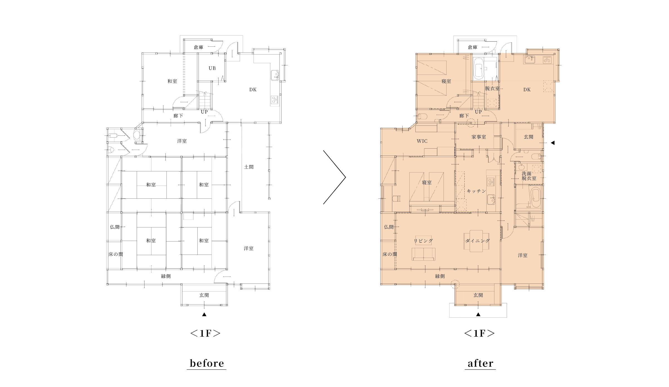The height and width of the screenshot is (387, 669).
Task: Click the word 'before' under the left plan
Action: [207, 363]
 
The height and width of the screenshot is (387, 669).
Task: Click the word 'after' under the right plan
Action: [480, 363]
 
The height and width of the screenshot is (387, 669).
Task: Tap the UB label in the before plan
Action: [212, 68]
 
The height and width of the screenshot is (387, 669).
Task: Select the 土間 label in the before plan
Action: [249, 167]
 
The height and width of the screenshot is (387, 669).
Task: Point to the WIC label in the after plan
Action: [422, 141]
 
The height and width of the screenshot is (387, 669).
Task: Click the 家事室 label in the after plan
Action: [479, 137]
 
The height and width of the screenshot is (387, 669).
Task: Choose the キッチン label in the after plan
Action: [476, 191]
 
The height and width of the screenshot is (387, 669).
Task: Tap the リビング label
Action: [423, 241]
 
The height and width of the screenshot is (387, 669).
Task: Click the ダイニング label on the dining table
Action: [478, 241]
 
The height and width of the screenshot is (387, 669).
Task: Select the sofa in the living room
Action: [423, 254]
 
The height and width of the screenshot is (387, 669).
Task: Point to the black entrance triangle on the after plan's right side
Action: [553, 143]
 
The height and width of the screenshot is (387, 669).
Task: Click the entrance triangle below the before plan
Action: [204, 314]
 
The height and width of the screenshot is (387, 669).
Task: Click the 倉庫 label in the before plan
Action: [199, 47]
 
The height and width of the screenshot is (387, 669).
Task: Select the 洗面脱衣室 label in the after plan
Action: [529, 176]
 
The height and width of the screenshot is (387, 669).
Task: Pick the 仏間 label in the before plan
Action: [115, 227]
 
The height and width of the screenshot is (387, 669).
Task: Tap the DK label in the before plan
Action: [253, 90]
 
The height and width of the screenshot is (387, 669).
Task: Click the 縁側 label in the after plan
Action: [440, 276]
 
